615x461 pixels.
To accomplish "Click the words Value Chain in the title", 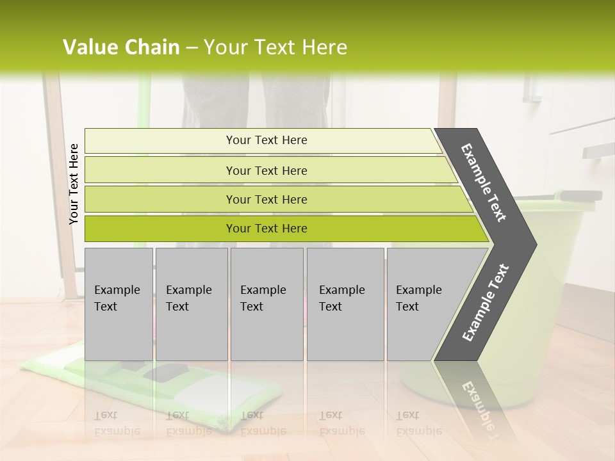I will (121, 47).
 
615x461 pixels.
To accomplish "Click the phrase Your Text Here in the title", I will (275, 47).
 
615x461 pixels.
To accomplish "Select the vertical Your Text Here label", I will (74, 184).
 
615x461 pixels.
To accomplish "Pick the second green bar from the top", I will (266, 170).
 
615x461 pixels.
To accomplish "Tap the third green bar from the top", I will (266, 199).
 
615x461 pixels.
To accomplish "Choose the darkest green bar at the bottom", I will (266, 229).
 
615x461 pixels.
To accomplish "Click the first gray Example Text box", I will (119, 304).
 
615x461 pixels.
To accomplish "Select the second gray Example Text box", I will (191, 304).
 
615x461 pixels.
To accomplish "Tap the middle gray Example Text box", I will (266, 304).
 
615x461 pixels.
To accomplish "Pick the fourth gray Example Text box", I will (345, 304).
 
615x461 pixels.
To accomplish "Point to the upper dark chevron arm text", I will (484, 182).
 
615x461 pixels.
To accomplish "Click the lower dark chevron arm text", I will (485, 303).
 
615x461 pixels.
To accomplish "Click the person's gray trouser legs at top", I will (256, 102).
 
